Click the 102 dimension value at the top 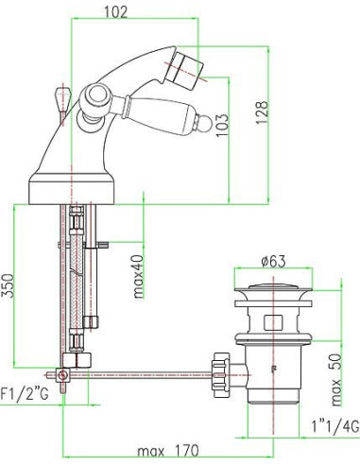point(115,12)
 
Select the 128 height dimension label point(262,112)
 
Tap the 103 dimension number point(222,125)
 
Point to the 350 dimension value point(8,285)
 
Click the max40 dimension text point(138,277)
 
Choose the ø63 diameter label point(273,261)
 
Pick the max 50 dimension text point(336,380)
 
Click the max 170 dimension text point(167,451)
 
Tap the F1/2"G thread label point(25,394)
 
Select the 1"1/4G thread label point(335,427)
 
